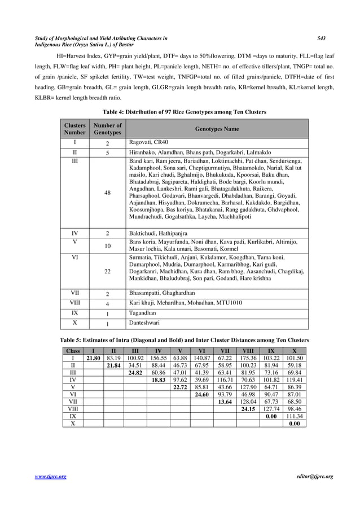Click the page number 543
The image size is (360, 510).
(x=321, y=38)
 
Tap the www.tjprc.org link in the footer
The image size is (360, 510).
(x=50, y=477)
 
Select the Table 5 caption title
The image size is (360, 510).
(x=185, y=340)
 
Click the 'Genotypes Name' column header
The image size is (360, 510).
(x=217, y=129)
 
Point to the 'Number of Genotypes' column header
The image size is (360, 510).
(x=107, y=129)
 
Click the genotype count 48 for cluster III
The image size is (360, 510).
(x=107, y=193)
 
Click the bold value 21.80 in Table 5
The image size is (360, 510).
(x=93, y=358)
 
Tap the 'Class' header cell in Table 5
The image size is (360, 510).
(x=73, y=351)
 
